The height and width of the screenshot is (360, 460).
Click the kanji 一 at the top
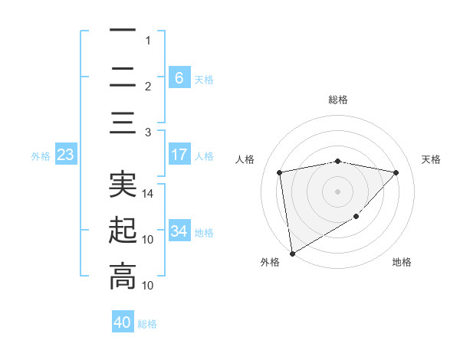point(123,31)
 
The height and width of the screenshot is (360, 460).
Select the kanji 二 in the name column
point(123,77)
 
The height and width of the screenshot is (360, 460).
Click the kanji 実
point(123,184)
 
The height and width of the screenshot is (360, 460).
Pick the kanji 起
point(123,230)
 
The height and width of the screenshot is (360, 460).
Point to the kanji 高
point(123,276)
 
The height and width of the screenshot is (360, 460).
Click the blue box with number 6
point(179,78)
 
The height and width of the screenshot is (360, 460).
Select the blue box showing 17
point(179,155)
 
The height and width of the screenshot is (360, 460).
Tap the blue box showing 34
point(179,231)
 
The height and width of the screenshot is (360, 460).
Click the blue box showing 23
point(65,155)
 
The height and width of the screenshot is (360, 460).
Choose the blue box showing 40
point(123,322)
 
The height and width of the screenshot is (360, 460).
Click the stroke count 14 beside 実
point(149,193)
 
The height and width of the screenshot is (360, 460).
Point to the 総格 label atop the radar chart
point(337,100)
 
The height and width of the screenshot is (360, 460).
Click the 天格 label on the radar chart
point(432,159)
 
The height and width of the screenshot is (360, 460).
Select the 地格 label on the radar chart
point(402,262)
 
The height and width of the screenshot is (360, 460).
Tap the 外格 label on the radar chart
point(270,262)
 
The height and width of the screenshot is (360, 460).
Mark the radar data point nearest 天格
point(396,172)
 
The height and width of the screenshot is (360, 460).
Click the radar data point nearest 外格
point(292,253)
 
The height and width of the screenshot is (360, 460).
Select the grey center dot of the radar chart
point(337,191)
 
